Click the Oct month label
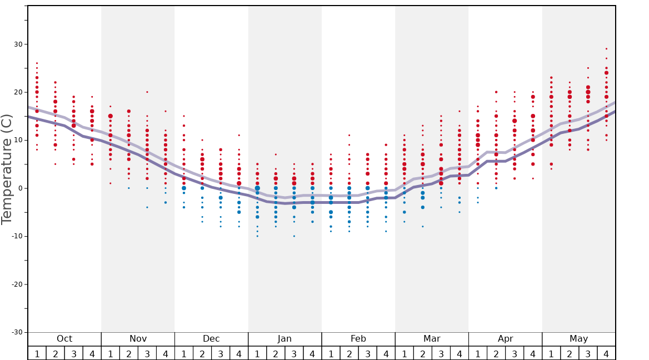pyautogui.click(x=64, y=339)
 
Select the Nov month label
pyautogui.click(x=138, y=339)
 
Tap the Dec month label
pyautogui.click(x=211, y=339)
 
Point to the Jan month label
pyautogui.click(x=284, y=339)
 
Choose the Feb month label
pyautogui.click(x=358, y=339)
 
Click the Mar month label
pyautogui.click(x=432, y=339)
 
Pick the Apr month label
pyautogui.click(x=505, y=339)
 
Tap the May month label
pyautogui.click(x=578, y=339)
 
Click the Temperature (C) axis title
pyautogui.click(x=7, y=169)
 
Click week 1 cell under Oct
pyautogui.click(x=37, y=353)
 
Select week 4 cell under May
pyautogui.click(x=606, y=353)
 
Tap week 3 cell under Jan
pyautogui.click(x=294, y=353)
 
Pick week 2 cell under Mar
pyautogui.click(x=422, y=353)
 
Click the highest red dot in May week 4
pyautogui.click(x=606, y=49)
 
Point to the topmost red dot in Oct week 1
pyautogui.click(x=37, y=63)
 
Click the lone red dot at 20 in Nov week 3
pyautogui.click(x=147, y=92)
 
